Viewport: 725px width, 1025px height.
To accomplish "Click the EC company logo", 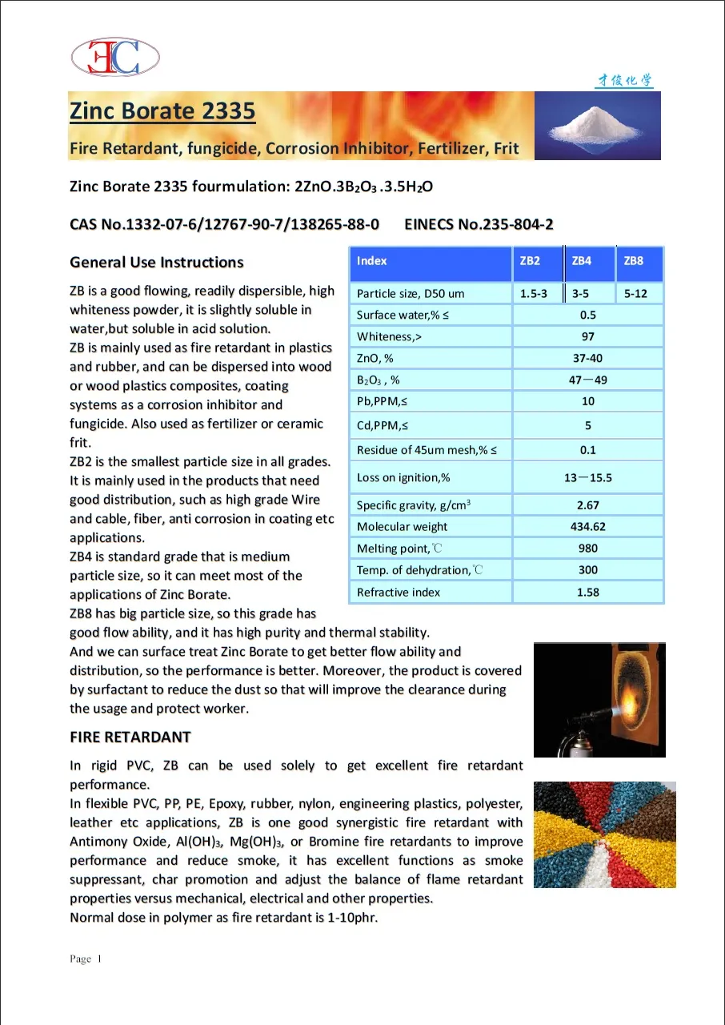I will (115, 57).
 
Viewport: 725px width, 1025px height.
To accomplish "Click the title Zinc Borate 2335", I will (162, 111).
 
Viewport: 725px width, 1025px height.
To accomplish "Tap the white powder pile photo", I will (598, 126).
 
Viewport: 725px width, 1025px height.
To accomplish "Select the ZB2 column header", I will (530, 261).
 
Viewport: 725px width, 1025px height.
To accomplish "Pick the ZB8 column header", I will (633, 261).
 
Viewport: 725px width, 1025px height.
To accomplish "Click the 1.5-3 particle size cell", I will (534, 294).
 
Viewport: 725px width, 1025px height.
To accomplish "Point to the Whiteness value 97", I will (587, 337).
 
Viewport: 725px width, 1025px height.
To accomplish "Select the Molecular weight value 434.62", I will (587, 527).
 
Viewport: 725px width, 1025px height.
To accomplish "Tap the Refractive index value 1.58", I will (587, 593).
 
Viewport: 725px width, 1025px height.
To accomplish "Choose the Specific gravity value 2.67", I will (587, 505).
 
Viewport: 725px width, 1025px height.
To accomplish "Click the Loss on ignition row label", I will (403, 478).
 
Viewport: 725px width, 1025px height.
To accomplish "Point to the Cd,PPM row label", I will (383, 426).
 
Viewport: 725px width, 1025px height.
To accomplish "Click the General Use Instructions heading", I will (157, 263).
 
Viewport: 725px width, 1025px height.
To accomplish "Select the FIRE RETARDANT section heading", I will (130, 737).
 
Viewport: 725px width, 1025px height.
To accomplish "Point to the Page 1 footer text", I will (86, 959).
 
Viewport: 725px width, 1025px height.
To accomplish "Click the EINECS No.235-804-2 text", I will (479, 224).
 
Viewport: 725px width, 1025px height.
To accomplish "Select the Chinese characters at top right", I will (624, 80).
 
